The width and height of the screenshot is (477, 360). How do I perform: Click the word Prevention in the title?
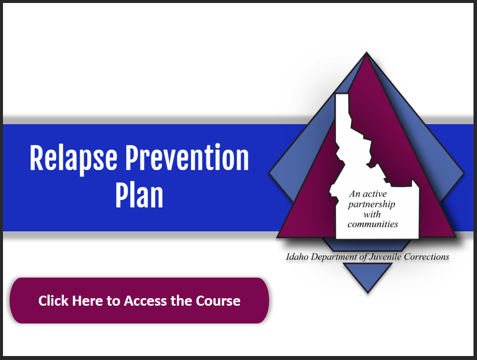187,158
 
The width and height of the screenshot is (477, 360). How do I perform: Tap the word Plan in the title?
140,195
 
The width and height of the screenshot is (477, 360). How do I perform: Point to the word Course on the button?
218,301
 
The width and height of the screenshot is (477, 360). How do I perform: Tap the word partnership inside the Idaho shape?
371,204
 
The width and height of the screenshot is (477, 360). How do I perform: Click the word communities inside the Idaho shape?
373,224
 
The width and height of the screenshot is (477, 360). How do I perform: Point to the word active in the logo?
375,194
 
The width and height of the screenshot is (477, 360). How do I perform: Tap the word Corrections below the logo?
427,257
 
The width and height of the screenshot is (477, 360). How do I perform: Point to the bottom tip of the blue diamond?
367,293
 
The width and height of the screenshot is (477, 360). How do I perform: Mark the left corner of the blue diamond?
269,173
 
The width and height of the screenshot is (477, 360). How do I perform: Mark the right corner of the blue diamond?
464,174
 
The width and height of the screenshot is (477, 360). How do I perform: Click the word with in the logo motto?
372,214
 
